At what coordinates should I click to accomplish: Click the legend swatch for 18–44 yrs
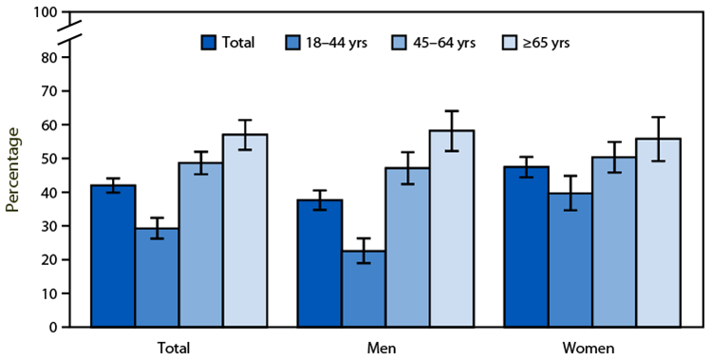click(295, 43)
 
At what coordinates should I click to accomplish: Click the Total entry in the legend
click(238, 43)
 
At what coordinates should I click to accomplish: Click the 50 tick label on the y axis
click(50, 159)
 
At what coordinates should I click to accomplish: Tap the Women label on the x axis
click(590, 347)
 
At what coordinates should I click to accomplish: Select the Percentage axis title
click(12, 172)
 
